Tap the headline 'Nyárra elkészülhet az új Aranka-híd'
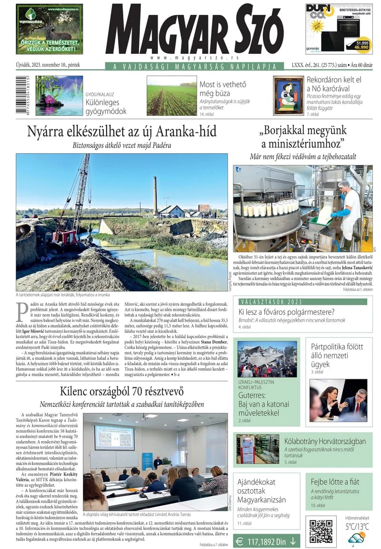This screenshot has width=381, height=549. (x=122, y=131)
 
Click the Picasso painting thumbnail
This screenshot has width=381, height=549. (x=288, y=95)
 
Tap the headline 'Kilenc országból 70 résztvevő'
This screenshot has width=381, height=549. (x=122, y=392)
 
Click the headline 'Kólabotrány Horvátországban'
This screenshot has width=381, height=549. (x=325, y=441)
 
